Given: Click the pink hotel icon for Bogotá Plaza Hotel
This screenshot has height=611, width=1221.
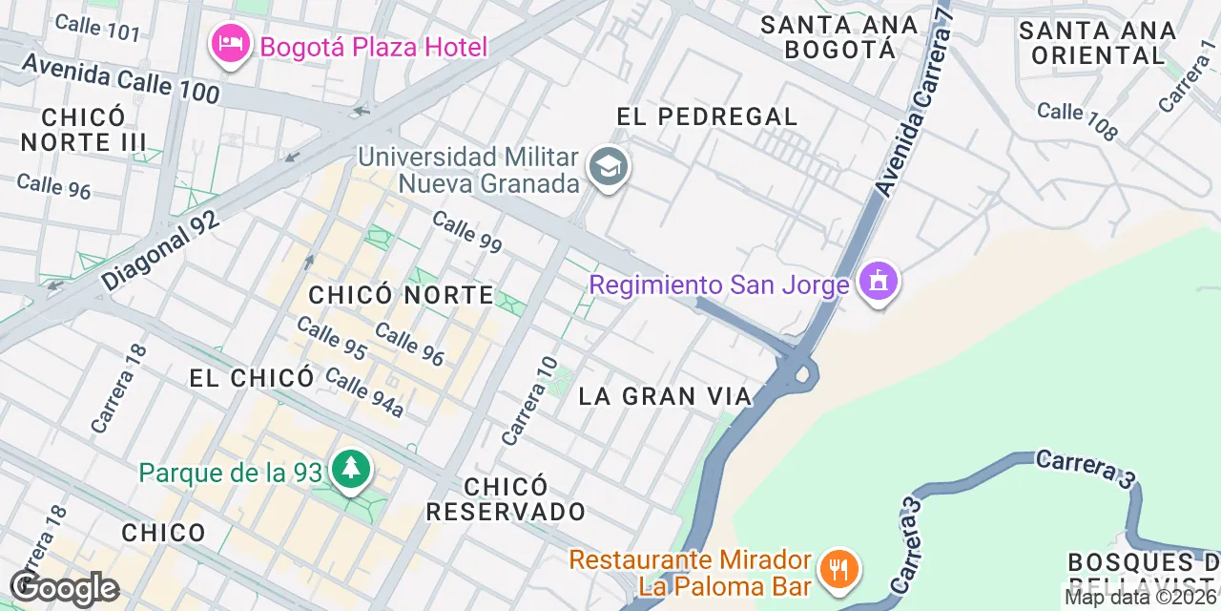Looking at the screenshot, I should click(x=230, y=45).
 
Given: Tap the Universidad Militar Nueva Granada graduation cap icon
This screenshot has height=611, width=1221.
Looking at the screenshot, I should click(x=607, y=168).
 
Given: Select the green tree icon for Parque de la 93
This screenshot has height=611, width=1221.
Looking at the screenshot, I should click(x=351, y=471).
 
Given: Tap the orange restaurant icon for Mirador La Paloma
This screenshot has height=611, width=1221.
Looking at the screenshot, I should click(x=839, y=571).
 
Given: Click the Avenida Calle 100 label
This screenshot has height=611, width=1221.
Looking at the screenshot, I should click(x=120, y=79).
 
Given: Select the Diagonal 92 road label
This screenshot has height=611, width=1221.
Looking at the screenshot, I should click(x=160, y=251).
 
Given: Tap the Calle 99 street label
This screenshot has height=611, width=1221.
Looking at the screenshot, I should click(x=466, y=232).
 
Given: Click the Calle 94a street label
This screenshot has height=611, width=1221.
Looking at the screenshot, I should click(x=364, y=391).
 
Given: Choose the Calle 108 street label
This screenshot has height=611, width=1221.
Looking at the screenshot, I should click(x=1076, y=121).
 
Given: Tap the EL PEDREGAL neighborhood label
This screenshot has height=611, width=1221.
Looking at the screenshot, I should click(x=707, y=117).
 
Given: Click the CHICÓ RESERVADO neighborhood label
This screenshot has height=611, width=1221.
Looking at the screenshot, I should click(x=506, y=498).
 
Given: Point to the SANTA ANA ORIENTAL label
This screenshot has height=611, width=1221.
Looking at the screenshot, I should click(x=1097, y=43).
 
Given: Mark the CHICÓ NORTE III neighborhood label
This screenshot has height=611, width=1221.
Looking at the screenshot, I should click(x=84, y=130).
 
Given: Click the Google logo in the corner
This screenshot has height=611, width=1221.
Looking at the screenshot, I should click(x=64, y=588).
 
